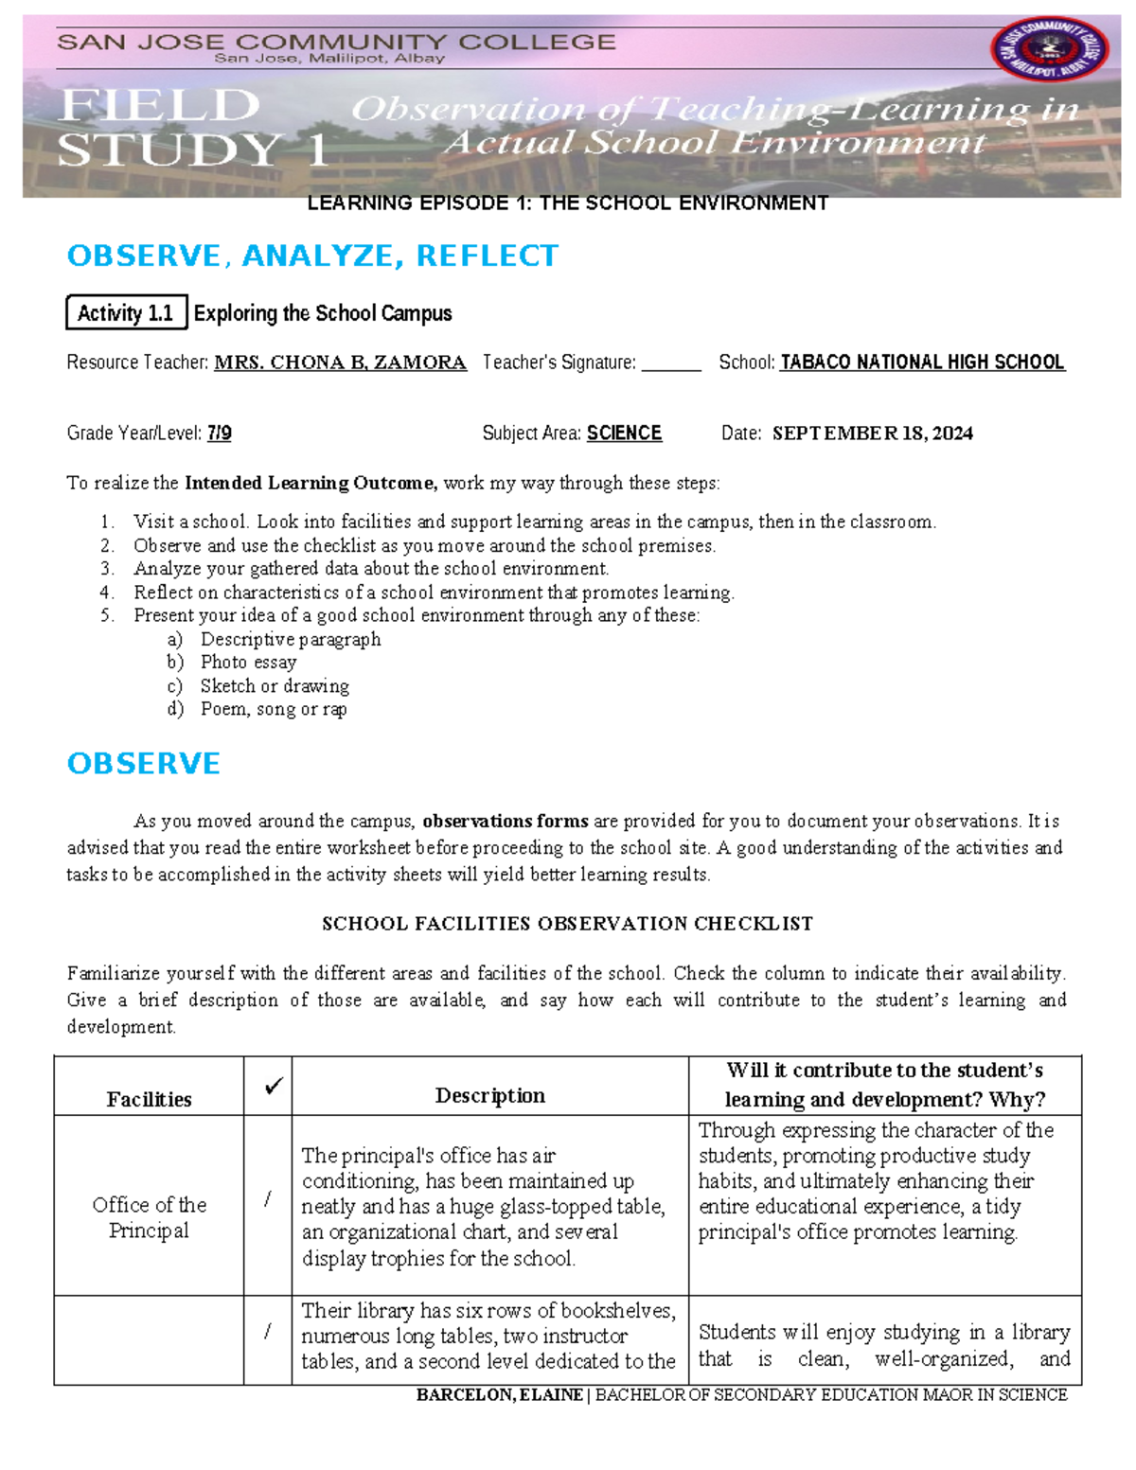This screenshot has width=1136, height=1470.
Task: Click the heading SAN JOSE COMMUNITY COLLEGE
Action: click(x=336, y=42)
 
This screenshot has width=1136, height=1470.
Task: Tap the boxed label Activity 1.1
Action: click(x=126, y=313)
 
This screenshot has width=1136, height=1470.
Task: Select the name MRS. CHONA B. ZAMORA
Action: click(x=340, y=363)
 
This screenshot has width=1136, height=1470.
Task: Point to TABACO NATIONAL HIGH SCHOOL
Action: click(x=922, y=363)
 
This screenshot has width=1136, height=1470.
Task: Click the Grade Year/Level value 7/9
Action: click(x=219, y=434)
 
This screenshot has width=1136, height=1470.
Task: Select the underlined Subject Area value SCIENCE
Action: click(x=624, y=434)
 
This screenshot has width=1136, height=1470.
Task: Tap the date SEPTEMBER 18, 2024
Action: click(x=872, y=434)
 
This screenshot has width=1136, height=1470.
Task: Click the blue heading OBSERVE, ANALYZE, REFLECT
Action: click(x=312, y=256)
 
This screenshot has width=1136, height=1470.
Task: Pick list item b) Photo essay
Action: click(x=248, y=663)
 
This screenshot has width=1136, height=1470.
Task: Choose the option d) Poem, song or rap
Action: click(x=273, y=709)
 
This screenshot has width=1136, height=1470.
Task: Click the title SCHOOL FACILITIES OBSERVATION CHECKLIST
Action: click(x=567, y=924)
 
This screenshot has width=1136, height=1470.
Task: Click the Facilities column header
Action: click(x=149, y=1099)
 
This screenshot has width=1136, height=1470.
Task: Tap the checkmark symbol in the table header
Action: click(x=274, y=1087)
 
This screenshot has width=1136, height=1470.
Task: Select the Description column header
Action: click(x=489, y=1095)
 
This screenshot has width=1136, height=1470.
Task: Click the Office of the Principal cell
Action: click(x=149, y=1217)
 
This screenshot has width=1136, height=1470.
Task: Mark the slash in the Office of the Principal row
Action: click(x=268, y=1199)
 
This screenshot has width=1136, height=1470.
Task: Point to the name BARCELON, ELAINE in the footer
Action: click(x=499, y=1395)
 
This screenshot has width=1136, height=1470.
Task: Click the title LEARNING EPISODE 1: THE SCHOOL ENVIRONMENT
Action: click(x=567, y=204)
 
